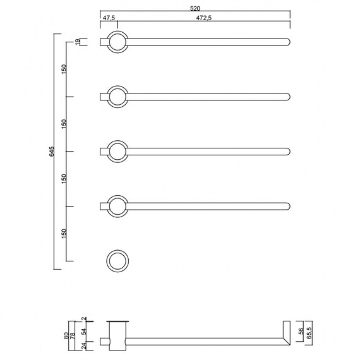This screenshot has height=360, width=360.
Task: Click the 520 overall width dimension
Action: coord(195,8)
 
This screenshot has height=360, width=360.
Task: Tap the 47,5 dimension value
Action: coord(109,18)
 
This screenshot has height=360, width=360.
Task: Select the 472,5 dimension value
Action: coord(204,18)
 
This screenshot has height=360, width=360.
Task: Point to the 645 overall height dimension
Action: coord(52,152)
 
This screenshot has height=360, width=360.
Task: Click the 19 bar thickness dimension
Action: coord(78,42)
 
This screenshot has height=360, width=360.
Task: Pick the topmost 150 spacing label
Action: coord(64,69)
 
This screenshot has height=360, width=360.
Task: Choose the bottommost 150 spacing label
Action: coord(64,234)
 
